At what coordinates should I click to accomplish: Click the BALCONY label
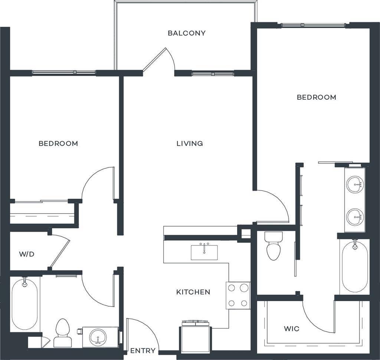[186, 33]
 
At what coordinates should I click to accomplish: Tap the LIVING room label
[190, 143]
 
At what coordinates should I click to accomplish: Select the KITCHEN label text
[193, 292]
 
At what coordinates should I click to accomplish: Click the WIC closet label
[291, 329]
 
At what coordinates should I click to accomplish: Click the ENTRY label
[142, 351]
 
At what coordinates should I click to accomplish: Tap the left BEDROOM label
[58, 143]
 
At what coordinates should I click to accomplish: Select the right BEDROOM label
[316, 97]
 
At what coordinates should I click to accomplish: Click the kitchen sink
[204, 252]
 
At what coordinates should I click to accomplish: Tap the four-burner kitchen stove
[238, 295]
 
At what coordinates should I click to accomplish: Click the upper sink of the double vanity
[355, 184]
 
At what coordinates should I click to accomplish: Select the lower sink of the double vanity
[355, 216]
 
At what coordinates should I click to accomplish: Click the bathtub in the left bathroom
[24, 304]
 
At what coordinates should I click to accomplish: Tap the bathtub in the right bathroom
[355, 266]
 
